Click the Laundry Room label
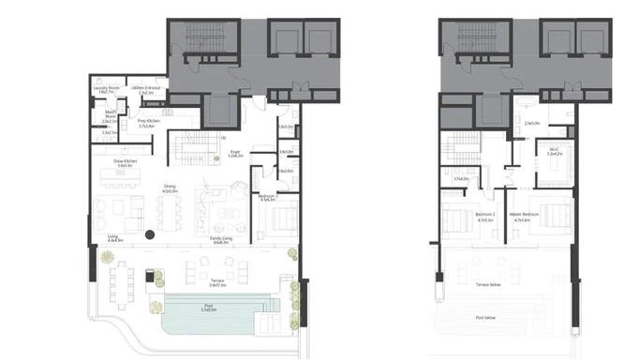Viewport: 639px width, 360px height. click(108, 89)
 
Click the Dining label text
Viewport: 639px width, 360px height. click(170, 187)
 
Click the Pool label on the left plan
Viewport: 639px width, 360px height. click(208, 307)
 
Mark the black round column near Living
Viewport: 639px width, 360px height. click(149, 233)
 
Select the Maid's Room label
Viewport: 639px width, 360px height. click(110, 117)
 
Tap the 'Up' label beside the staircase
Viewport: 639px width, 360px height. click(223, 138)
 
